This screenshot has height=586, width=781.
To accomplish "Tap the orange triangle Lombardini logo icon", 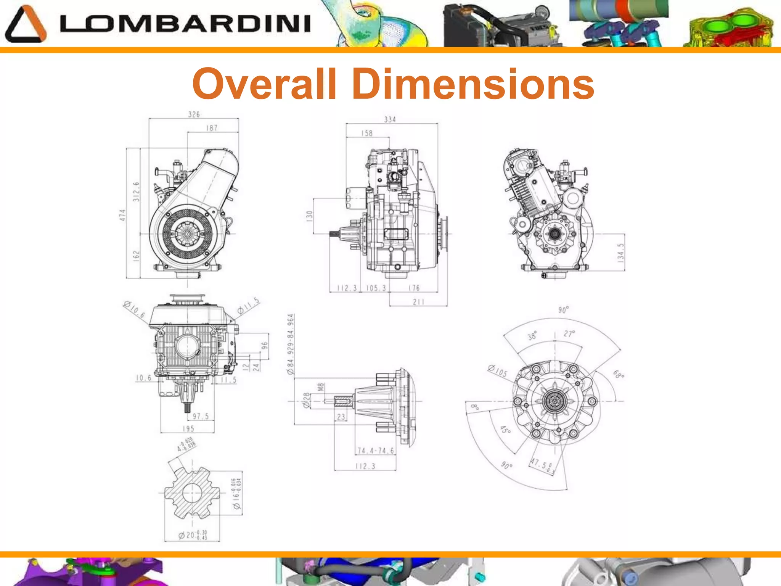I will pyautogui.click(x=26, y=24).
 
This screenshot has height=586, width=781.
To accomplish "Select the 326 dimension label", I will pyautogui.click(x=194, y=114).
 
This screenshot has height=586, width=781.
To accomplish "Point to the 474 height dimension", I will pyautogui.click(x=122, y=215).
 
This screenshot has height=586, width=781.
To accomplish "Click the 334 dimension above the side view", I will pyautogui.click(x=390, y=120).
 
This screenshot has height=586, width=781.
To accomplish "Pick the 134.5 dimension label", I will pyautogui.click(x=620, y=252).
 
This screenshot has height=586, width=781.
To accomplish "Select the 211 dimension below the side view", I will pyautogui.click(x=418, y=302).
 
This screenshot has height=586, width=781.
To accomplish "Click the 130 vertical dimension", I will pyautogui.click(x=309, y=216).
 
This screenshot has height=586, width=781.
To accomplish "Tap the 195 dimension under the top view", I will pyautogui.click(x=188, y=429).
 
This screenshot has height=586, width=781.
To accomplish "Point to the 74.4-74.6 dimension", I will pyautogui.click(x=376, y=451).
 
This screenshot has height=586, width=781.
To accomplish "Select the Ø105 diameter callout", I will pyautogui.click(x=498, y=370).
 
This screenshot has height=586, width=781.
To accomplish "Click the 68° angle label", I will pyautogui.click(x=618, y=374).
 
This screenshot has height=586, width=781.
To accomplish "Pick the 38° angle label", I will pyautogui.click(x=532, y=335).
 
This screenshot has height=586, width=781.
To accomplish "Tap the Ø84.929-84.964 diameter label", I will pyautogui.click(x=291, y=343).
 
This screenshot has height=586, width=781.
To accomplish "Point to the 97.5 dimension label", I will pyautogui.click(x=200, y=416).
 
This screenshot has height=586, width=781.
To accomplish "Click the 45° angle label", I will pyautogui.click(x=505, y=430).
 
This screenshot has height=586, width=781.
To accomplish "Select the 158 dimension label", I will pyautogui.click(x=366, y=133).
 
